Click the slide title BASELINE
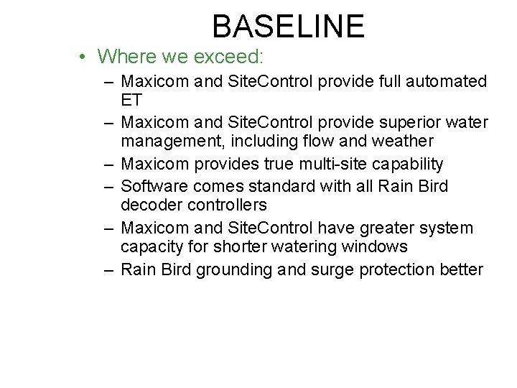pyautogui.click(x=289, y=27)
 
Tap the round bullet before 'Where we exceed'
pyautogui.click(x=84, y=57)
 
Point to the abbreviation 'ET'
pyautogui.click(x=131, y=100)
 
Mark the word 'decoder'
pyautogui.click(x=149, y=205)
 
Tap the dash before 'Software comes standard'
pyautogui.click(x=108, y=187)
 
